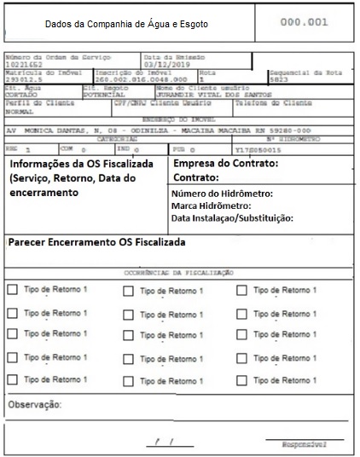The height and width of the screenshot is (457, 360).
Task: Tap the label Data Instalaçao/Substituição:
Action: click(x=232, y=218)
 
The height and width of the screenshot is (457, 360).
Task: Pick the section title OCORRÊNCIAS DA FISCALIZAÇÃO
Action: click(x=179, y=271)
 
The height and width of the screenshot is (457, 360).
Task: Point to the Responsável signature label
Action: click(x=306, y=445)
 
